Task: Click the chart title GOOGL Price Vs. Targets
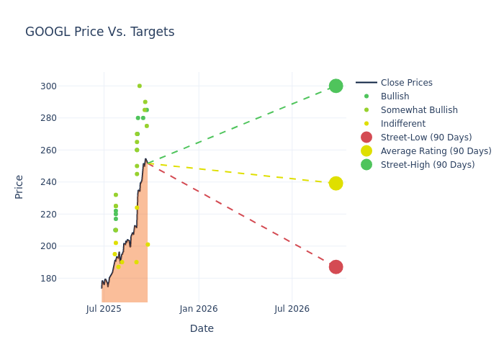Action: (x=99, y=32)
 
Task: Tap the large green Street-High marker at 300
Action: (x=336, y=86)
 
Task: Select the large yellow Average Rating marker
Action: (x=336, y=184)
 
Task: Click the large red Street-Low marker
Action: (x=336, y=267)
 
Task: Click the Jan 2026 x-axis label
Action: (x=198, y=309)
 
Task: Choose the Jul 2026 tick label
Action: (x=292, y=309)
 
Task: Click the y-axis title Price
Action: (x=19, y=186)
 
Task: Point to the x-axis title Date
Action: (x=202, y=329)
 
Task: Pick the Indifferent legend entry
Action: (x=402, y=124)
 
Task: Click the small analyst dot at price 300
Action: (x=140, y=86)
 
